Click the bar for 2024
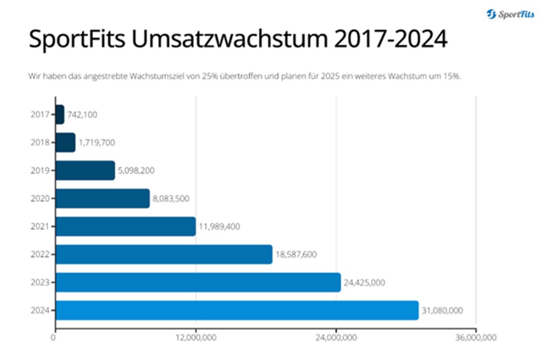pos(237,310)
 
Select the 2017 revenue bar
pos(60,115)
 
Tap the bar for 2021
pos(126,226)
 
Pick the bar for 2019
pos(85,171)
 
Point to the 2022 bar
pos(164,254)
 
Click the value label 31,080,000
pos(442,311)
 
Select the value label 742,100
pos(82,115)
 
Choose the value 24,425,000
pos(364,283)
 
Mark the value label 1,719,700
pos(96,143)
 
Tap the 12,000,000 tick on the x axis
pos(196,337)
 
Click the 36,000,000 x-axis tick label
pos(476,337)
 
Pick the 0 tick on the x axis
pos(55,337)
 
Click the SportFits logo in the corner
pos(510,14)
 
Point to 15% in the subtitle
pos(452,76)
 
